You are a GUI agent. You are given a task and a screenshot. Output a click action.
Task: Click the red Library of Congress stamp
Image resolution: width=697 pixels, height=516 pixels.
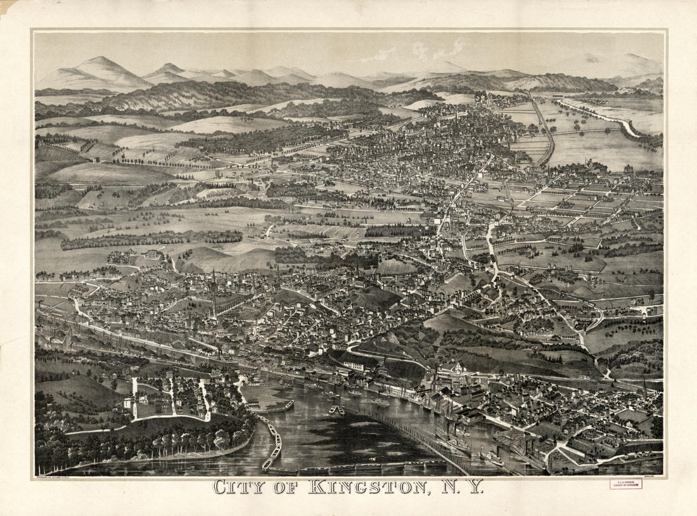(x=625, y=484)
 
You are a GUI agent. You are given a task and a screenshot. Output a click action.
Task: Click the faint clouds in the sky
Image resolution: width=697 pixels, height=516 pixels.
(x=437, y=49)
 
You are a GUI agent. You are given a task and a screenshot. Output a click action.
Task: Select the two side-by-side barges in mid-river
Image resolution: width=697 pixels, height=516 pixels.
(x=336, y=411)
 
